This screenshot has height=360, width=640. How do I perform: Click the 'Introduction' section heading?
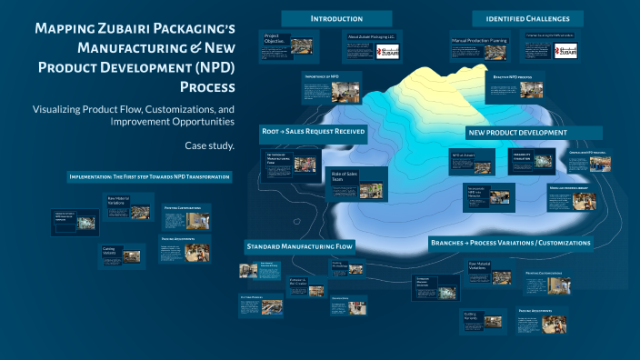click(336, 18)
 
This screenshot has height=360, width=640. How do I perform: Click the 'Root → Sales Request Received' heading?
click(314, 132)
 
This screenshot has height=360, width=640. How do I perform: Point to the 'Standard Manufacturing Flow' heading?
click(299, 246)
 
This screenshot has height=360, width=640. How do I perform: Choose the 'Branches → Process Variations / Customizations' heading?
click(511, 243)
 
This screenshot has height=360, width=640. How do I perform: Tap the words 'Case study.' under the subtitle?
click(210, 145)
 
